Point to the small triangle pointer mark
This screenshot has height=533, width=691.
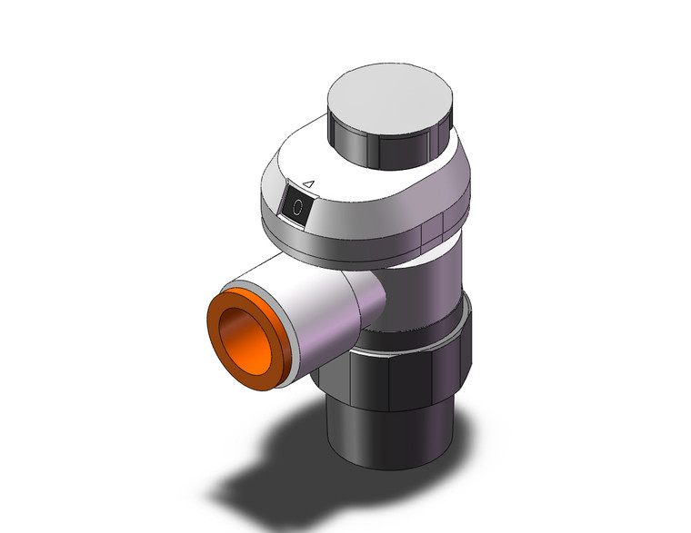tap(307, 185)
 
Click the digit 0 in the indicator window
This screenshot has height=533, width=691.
tap(296, 207)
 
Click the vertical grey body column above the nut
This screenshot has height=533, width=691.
tap(427, 291)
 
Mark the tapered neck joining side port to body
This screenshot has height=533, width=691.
tap(368, 304)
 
